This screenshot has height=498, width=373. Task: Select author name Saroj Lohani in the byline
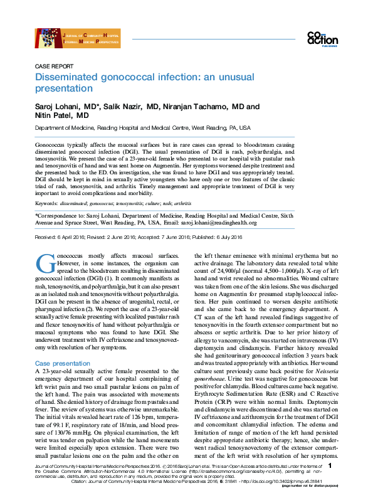pyautogui.click(x=57, y=107)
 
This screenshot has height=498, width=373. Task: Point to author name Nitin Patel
pyautogui.click(x=52, y=116)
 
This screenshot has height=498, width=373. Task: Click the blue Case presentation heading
pyautogui.click(x=63, y=364)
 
